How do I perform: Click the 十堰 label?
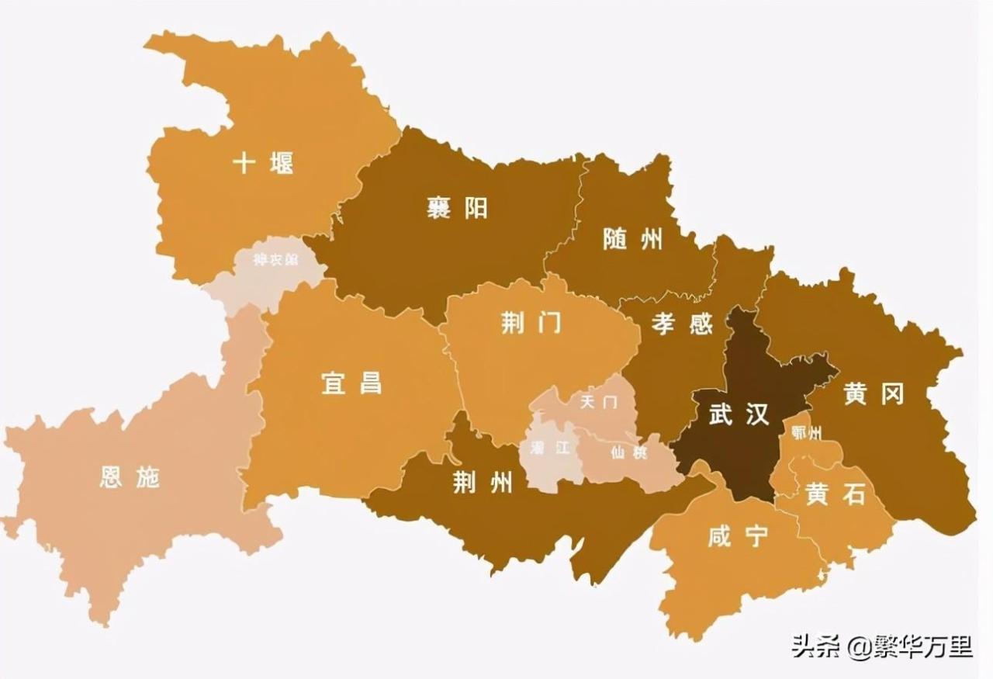click(264, 164)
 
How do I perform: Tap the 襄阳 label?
click(457, 208)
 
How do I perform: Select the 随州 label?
click(633, 239)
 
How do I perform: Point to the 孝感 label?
click(682, 324)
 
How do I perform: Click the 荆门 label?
click(531, 324)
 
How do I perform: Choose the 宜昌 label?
click(351, 383)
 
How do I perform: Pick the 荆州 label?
click(483, 483)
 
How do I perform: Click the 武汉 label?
click(739, 414)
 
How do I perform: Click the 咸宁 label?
click(738, 537)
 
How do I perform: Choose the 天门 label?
click(599, 403)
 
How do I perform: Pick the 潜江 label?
click(550, 448)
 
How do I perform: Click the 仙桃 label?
click(628, 452)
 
